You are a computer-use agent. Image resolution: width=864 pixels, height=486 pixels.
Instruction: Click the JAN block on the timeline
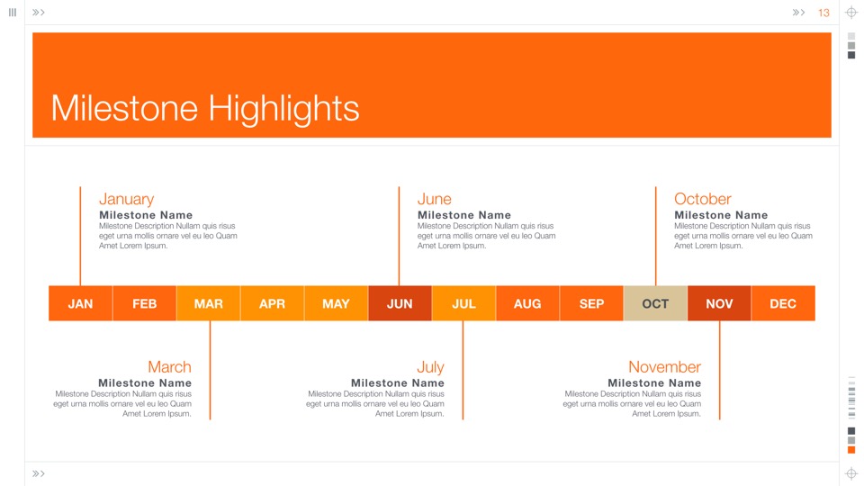80,303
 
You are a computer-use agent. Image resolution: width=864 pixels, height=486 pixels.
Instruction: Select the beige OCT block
655,303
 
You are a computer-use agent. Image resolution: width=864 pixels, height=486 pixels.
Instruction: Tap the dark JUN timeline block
400,303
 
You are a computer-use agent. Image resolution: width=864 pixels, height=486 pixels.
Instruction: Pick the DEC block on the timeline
783,303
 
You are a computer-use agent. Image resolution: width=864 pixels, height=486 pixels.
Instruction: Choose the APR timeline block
272,303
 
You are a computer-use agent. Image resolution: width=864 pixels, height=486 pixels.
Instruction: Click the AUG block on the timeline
527,303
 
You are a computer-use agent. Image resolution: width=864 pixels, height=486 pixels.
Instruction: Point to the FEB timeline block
144,303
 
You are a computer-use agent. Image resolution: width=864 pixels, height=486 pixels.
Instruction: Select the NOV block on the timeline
719,303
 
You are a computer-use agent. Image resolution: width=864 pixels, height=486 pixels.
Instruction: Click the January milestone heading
126,199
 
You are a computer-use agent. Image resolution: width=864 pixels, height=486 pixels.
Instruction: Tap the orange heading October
703,198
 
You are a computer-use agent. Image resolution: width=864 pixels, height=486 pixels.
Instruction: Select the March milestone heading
169,366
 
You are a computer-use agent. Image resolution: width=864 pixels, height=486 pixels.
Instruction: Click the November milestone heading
664,366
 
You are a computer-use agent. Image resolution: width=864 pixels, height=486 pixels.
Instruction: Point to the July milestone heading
430,367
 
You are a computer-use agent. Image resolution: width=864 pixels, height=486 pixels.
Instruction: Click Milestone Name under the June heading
464,215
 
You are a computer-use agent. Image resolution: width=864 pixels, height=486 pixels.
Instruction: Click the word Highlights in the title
283,108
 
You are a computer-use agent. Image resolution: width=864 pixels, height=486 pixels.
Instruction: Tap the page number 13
823,13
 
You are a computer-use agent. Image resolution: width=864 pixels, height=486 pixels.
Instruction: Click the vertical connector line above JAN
80,236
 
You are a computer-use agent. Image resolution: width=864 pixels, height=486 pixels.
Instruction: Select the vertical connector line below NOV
720,370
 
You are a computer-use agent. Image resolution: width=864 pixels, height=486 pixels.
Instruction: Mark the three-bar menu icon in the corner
13,12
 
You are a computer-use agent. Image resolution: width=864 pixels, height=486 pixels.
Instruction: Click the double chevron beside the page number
798,12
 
